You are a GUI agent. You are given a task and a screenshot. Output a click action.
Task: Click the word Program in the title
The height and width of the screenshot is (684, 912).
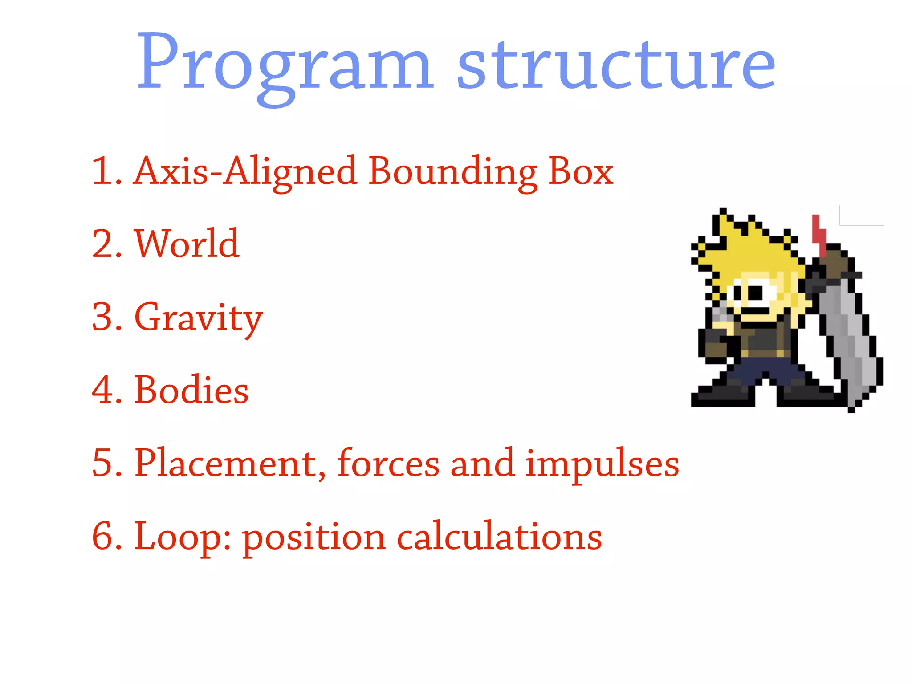[285, 65]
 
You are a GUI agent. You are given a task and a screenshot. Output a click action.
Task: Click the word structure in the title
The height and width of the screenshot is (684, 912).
[617, 65]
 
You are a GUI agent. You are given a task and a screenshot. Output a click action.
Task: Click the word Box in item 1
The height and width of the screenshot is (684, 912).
[581, 171]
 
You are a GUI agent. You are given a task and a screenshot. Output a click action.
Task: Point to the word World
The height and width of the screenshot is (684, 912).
[187, 244]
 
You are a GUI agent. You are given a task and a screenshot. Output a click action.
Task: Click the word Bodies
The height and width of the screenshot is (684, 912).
[191, 390]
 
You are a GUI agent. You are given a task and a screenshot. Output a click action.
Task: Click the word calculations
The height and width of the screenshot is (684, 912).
[499, 537]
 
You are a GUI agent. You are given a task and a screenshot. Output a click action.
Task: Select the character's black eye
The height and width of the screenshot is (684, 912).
[755, 293]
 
